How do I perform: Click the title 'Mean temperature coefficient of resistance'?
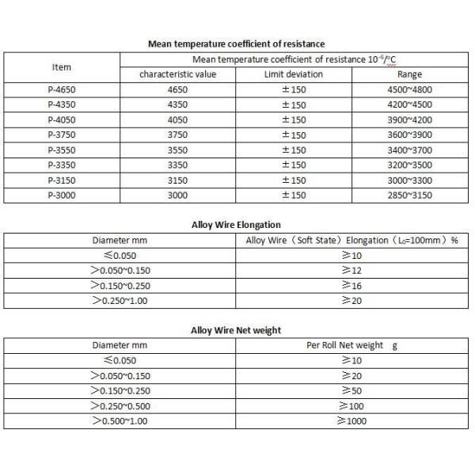pyautogui.click(x=236, y=44)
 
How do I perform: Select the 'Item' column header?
pyautogui.click(x=62, y=66)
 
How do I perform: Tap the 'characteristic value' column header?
pyautogui.click(x=178, y=74)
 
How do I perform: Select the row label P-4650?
pyautogui.click(x=62, y=89)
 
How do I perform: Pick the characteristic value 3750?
pyautogui.click(x=178, y=135)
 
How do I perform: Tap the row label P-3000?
pyautogui.click(x=62, y=195)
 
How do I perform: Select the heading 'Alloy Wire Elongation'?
pyautogui.click(x=236, y=225)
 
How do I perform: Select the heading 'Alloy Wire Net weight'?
pyautogui.click(x=236, y=330)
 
